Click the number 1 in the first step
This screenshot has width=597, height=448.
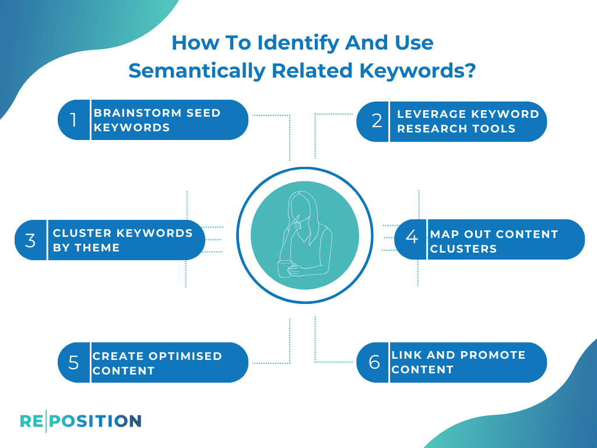click(x=73, y=120)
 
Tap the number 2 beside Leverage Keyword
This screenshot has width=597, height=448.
click(x=377, y=121)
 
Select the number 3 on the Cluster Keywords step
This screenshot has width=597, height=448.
click(x=30, y=240)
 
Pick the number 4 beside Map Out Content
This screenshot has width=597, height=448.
click(x=412, y=238)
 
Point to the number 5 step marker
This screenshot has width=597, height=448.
click(x=73, y=363)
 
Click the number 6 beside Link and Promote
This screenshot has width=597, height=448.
click(x=374, y=362)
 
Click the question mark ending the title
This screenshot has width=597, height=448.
click(x=470, y=70)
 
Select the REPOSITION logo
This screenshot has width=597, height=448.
click(x=80, y=421)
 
